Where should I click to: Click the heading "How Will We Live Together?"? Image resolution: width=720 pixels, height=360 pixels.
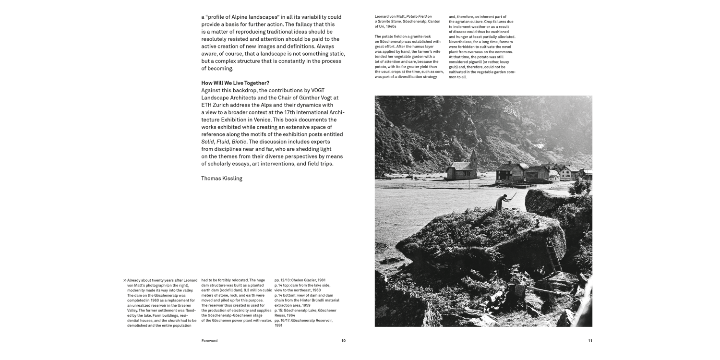coord(235,83)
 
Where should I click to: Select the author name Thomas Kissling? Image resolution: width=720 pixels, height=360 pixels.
coord(222,179)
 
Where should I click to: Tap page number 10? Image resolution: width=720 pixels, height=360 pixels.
coord(343,341)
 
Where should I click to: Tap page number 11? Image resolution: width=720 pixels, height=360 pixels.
coord(590,341)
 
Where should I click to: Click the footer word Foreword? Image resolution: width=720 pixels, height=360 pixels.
coord(209,341)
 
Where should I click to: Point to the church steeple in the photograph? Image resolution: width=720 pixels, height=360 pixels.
coord(474,156)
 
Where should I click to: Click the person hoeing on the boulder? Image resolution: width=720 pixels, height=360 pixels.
coord(501,201)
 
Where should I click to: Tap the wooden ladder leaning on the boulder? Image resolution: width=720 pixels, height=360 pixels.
coord(553,255)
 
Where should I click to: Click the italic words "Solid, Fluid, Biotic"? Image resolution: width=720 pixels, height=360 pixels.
coord(224,142)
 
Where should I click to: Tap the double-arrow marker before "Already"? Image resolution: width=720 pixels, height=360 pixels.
coord(125,280)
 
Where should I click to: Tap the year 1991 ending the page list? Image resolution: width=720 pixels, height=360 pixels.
coord(279,325)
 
